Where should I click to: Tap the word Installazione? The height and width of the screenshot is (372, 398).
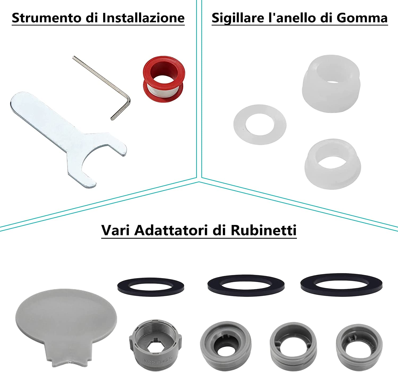click(143, 18)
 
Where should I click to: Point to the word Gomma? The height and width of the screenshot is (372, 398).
click(362, 18)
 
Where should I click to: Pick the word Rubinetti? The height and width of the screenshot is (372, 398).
click(264, 230)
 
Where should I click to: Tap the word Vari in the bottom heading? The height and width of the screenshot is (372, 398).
click(116, 230)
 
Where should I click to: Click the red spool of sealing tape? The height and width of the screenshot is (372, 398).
click(164, 79)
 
